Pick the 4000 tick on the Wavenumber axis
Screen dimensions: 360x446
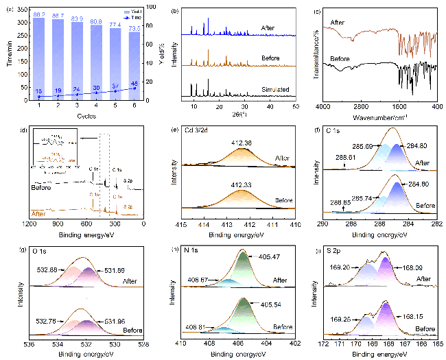coord(320,107)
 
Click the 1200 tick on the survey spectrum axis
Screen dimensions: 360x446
coord(30,223)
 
